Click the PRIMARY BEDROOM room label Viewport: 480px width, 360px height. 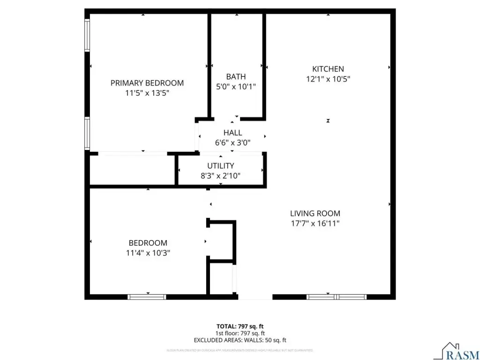tap(147, 83)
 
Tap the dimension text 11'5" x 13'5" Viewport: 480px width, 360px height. tap(147, 93)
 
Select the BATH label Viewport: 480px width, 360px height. tap(236, 76)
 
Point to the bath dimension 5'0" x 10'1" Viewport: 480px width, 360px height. tap(236, 86)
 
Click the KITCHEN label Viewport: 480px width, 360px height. tap(328, 69)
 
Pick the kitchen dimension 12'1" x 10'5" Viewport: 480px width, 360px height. tap(328, 79)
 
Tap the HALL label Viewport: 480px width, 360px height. tap(232, 133)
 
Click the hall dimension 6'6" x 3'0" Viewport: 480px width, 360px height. tap(232, 142)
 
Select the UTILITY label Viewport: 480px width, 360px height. tap(221, 165)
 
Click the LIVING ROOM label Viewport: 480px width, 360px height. tap(315, 213)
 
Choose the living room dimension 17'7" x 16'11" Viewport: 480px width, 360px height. tap(315, 223)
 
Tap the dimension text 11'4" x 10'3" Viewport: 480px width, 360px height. tap(148, 253)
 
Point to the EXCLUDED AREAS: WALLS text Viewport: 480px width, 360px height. tap(240, 340)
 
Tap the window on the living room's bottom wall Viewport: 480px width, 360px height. tap(336, 297)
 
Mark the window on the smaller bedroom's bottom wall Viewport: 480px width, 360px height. tap(147, 297)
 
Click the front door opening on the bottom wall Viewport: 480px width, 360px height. tap(255, 297)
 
